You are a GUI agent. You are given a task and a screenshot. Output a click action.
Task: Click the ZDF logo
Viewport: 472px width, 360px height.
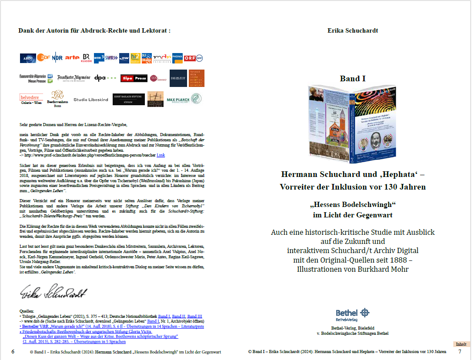tap(44, 58)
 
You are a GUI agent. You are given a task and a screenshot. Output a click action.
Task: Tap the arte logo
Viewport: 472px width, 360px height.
tap(72, 58)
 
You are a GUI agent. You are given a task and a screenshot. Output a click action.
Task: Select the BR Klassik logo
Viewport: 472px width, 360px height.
tap(86, 58)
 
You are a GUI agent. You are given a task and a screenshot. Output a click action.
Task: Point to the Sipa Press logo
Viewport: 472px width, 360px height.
tap(134, 78)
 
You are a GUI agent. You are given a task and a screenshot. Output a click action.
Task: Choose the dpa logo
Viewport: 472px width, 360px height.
tap(105, 78)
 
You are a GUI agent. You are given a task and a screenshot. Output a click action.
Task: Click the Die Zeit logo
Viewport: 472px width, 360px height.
tap(178, 78)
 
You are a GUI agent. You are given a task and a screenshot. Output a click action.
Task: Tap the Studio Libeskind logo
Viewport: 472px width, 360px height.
tap(91, 100)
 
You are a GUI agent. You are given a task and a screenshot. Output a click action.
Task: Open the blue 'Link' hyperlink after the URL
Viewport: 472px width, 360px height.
tap(161, 155)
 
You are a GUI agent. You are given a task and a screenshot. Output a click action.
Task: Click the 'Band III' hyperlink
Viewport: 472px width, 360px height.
tap(194, 316)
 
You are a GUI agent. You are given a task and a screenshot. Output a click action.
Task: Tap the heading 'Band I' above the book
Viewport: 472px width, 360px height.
tap(352, 79)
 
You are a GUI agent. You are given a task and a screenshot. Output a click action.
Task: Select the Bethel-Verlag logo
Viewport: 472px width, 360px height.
tap(353, 314)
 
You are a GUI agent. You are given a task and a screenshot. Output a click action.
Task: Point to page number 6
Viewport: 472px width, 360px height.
tap(13, 351)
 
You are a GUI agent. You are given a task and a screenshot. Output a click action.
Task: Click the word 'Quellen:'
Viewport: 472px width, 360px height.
tap(27, 311)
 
